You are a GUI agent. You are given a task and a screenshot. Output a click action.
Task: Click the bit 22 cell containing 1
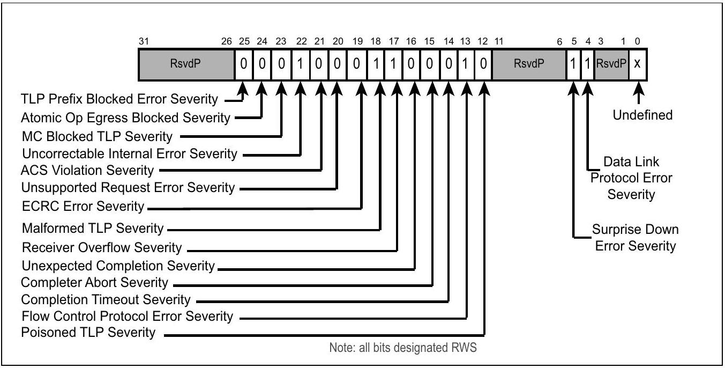pyautogui.click(x=301, y=64)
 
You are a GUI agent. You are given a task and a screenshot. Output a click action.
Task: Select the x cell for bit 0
pyautogui.click(x=637, y=64)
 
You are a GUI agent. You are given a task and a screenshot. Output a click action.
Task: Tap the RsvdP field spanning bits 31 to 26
pyautogui.click(x=186, y=64)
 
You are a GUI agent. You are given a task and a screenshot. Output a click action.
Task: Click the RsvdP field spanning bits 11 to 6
pyautogui.click(x=529, y=64)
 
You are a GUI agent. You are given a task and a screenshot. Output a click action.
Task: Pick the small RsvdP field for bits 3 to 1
pyautogui.click(x=611, y=64)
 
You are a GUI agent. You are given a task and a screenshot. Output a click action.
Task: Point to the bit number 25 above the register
pyautogui.click(x=244, y=41)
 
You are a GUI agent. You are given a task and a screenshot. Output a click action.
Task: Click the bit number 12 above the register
pyautogui.click(x=483, y=41)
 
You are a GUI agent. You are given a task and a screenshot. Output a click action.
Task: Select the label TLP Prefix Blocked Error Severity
pyautogui.click(x=119, y=99)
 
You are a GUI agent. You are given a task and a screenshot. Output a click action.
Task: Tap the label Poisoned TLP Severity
pyautogui.click(x=88, y=333)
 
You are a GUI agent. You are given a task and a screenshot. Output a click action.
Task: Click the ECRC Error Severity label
pyautogui.click(x=83, y=207)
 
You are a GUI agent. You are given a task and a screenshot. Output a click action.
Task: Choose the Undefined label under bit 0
pyautogui.click(x=642, y=115)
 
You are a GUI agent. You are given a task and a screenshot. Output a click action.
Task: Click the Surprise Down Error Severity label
pyautogui.click(x=636, y=238)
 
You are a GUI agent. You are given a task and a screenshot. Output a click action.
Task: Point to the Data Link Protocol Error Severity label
pyautogui.click(x=631, y=178)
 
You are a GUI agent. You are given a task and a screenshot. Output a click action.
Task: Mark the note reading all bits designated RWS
pyautogui.click(x=403, y=348)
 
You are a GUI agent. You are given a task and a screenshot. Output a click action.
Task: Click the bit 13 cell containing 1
pyautogui.click(x=466, y=64)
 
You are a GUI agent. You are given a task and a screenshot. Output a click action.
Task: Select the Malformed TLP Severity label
pyautogui.click(x=93, y=229)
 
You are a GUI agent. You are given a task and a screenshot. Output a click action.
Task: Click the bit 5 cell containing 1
pyautogui.click(x=573, y=64)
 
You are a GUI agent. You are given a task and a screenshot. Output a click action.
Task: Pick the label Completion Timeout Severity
pyautogui.click(x=106, y=300)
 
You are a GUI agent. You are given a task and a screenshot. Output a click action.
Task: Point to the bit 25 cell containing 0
pyautogui.click(x=243, y=64)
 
